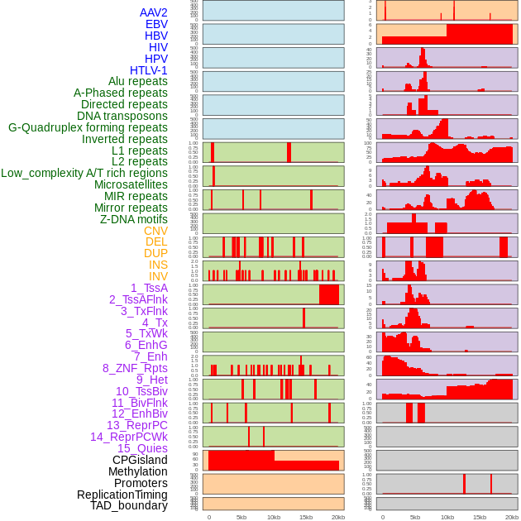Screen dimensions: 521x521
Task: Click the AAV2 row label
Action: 154,12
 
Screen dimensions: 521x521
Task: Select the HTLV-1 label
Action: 149,70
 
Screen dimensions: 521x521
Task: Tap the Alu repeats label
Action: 138,81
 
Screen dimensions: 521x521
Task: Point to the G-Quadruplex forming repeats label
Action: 88,127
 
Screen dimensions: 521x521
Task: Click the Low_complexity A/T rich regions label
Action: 84,173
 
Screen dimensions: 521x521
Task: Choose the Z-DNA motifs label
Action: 134,219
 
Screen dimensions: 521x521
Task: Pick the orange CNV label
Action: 155,231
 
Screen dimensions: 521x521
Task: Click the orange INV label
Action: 158,276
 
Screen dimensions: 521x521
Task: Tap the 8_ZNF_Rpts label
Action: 135,368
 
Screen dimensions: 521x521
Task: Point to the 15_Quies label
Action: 142,448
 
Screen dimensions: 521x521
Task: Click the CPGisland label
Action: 140,460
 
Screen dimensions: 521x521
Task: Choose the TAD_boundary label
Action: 129,505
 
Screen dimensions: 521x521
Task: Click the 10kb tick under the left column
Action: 274,517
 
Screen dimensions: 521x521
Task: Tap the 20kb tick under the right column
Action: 512,517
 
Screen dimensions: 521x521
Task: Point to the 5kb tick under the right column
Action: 414,517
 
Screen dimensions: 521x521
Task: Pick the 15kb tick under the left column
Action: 306,517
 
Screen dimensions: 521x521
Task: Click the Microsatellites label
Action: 131,184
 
